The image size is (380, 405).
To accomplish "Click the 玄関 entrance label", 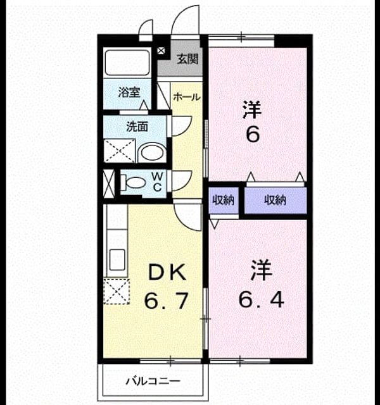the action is (188, 59).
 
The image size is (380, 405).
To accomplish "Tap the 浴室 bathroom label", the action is (129, 92).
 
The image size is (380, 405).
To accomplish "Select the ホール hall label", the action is (187, 97).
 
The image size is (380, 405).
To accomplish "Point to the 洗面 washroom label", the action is (137, 127).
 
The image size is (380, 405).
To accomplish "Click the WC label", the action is (158, 182).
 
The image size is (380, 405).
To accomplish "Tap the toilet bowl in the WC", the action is (134, 182).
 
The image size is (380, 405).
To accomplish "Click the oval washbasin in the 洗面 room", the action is (152, 153).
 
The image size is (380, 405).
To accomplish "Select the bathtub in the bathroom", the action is (127, 63).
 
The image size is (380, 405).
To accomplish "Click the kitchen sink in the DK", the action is (117, 259).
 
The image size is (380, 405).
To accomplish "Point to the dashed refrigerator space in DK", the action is (117, 291).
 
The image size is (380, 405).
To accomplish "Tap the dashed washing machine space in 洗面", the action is (120, 151).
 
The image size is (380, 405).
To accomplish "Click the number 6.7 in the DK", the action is (166, 301).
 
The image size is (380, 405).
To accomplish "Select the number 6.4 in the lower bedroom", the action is (261, 299).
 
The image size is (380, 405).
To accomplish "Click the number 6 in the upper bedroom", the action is (253, 134).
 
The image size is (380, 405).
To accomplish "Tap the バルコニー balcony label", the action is (153, 381).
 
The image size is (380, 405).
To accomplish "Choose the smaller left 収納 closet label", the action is (224, 200).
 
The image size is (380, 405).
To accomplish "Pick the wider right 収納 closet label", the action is (275, 200).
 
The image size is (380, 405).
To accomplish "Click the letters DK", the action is (167, 273).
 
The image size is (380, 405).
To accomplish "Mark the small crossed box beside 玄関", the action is (161, 51).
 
